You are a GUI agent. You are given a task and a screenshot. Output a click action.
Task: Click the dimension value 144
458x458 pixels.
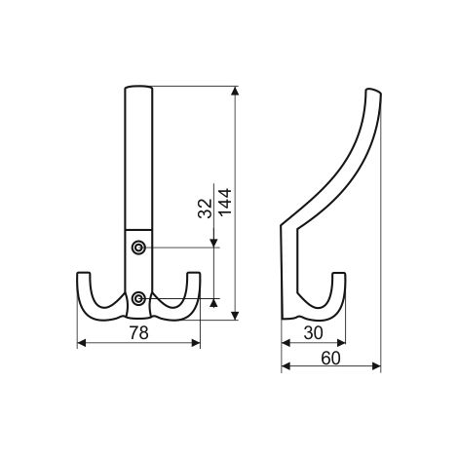(225, 202)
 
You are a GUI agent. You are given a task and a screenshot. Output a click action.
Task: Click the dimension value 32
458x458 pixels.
(205, 209)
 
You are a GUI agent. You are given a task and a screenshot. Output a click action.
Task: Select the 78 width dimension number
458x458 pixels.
(139, 332)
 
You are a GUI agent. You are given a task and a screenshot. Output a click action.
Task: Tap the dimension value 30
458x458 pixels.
(314, 333)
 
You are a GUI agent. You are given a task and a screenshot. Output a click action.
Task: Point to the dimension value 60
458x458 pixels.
(330, 359)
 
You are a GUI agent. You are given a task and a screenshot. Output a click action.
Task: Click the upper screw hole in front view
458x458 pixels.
(138, 248)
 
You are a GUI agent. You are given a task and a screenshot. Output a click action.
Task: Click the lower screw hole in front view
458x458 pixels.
(138, 298)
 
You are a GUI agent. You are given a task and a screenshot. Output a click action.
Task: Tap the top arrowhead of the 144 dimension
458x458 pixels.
(235, 91)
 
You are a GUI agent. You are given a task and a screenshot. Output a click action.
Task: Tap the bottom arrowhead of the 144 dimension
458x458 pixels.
(235, 316)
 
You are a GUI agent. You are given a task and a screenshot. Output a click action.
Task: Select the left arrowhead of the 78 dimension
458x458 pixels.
(82, 343)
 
